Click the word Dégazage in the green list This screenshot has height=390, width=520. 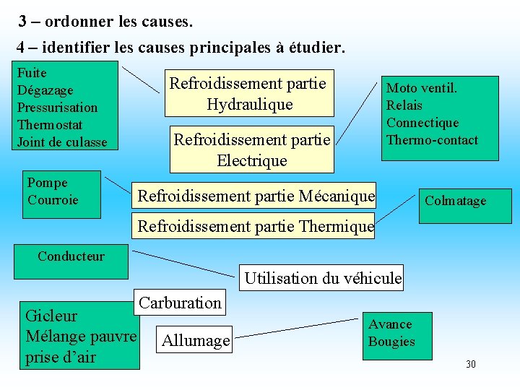45,90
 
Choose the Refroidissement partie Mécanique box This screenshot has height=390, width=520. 256,196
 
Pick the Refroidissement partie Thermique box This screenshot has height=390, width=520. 256,226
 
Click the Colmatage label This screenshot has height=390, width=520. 455,201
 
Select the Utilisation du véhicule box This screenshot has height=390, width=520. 323,278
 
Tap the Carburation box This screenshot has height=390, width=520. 180,303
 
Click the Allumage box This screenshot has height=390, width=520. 196,340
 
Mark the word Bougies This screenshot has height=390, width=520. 391,342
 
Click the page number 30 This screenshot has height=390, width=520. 471,364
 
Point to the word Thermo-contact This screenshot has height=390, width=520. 432,140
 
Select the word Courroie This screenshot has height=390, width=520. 53,200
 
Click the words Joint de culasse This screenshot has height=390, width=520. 62,142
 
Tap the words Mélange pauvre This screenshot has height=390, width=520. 81,337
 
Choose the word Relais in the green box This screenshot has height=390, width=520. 403,105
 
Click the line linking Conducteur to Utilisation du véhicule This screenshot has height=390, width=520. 185,262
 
